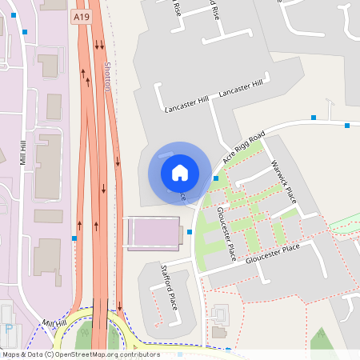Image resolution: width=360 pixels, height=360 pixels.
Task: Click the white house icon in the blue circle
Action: tap(179, 172)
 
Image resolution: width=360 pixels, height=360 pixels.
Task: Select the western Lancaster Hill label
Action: tap(186, 103)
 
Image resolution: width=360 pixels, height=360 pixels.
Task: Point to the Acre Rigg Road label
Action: tap(243, 148)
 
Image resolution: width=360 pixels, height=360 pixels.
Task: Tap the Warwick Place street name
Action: tap(284, 181)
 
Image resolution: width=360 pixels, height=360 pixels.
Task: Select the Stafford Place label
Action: tap(169, 287)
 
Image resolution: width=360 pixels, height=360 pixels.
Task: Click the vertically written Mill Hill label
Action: tap(23, 152)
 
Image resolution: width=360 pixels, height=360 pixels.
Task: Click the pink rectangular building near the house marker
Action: tap(154, 233)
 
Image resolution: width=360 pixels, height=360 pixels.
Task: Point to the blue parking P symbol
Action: tap(9, 328)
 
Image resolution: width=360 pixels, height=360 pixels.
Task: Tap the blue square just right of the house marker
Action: tap(216, 178)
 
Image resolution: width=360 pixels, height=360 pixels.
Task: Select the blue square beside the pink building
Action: tap(190, 232)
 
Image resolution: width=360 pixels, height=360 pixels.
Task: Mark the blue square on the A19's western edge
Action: tap(74, 238)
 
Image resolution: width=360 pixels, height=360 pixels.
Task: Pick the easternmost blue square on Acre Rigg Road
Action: tap(347, 126)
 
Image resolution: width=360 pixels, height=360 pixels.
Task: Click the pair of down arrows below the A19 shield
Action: tap(98, 44)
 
